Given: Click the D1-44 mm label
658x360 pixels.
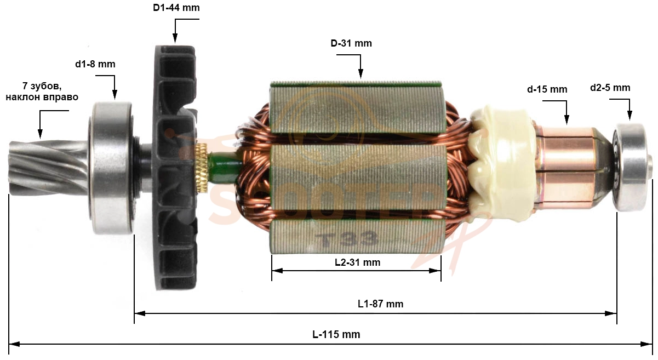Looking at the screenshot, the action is point(176,7).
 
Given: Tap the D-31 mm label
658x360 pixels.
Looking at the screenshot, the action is point(351,43).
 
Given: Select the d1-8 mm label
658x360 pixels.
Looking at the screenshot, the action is point(95,64).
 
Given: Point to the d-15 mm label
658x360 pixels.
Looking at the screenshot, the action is point(547,89).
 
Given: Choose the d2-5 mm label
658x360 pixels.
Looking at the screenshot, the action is point(610,88).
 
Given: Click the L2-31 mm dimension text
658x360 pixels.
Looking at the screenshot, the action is point(358,262).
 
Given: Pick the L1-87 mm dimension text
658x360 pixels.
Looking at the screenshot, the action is point(380,304).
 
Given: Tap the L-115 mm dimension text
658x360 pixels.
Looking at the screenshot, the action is point(336,334).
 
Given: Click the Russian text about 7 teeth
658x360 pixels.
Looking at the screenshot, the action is point(42,92).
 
